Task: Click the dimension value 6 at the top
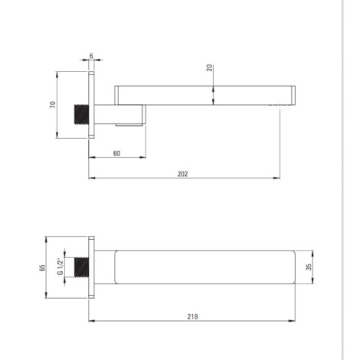point(91,56)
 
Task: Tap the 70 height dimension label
point(53,105)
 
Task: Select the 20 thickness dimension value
point(209,67)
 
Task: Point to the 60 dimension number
point(116,153)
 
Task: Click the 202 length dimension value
point(182,174)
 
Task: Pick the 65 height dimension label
point(42,267)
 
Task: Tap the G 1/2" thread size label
point(60,267)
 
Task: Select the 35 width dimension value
point(309,267)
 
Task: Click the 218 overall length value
point(192,316)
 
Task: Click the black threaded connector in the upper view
point(81,114)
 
